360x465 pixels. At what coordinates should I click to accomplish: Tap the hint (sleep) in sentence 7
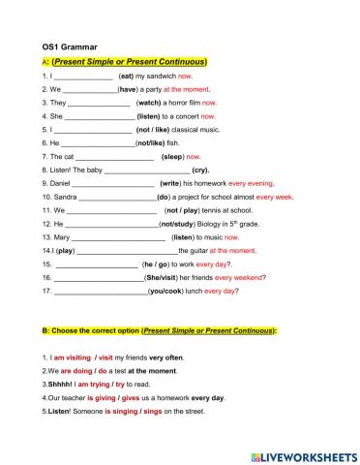(172, 156)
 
